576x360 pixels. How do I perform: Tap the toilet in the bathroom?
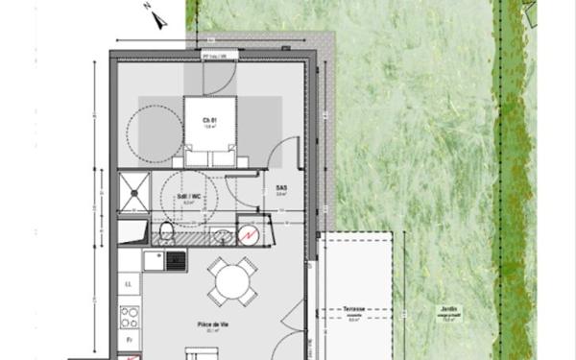[x=167, y=231]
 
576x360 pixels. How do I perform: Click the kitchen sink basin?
[x=153, y=259]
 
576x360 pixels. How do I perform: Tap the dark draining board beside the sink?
[x=175, y=259]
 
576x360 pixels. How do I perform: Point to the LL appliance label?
[x=128, y=284]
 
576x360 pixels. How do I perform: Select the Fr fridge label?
[x=128, y=341]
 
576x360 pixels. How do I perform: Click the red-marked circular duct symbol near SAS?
[x=249, y=234]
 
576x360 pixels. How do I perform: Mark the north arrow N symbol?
[x=149, y=7]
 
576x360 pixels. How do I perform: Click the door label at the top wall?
[x=213, y=56]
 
